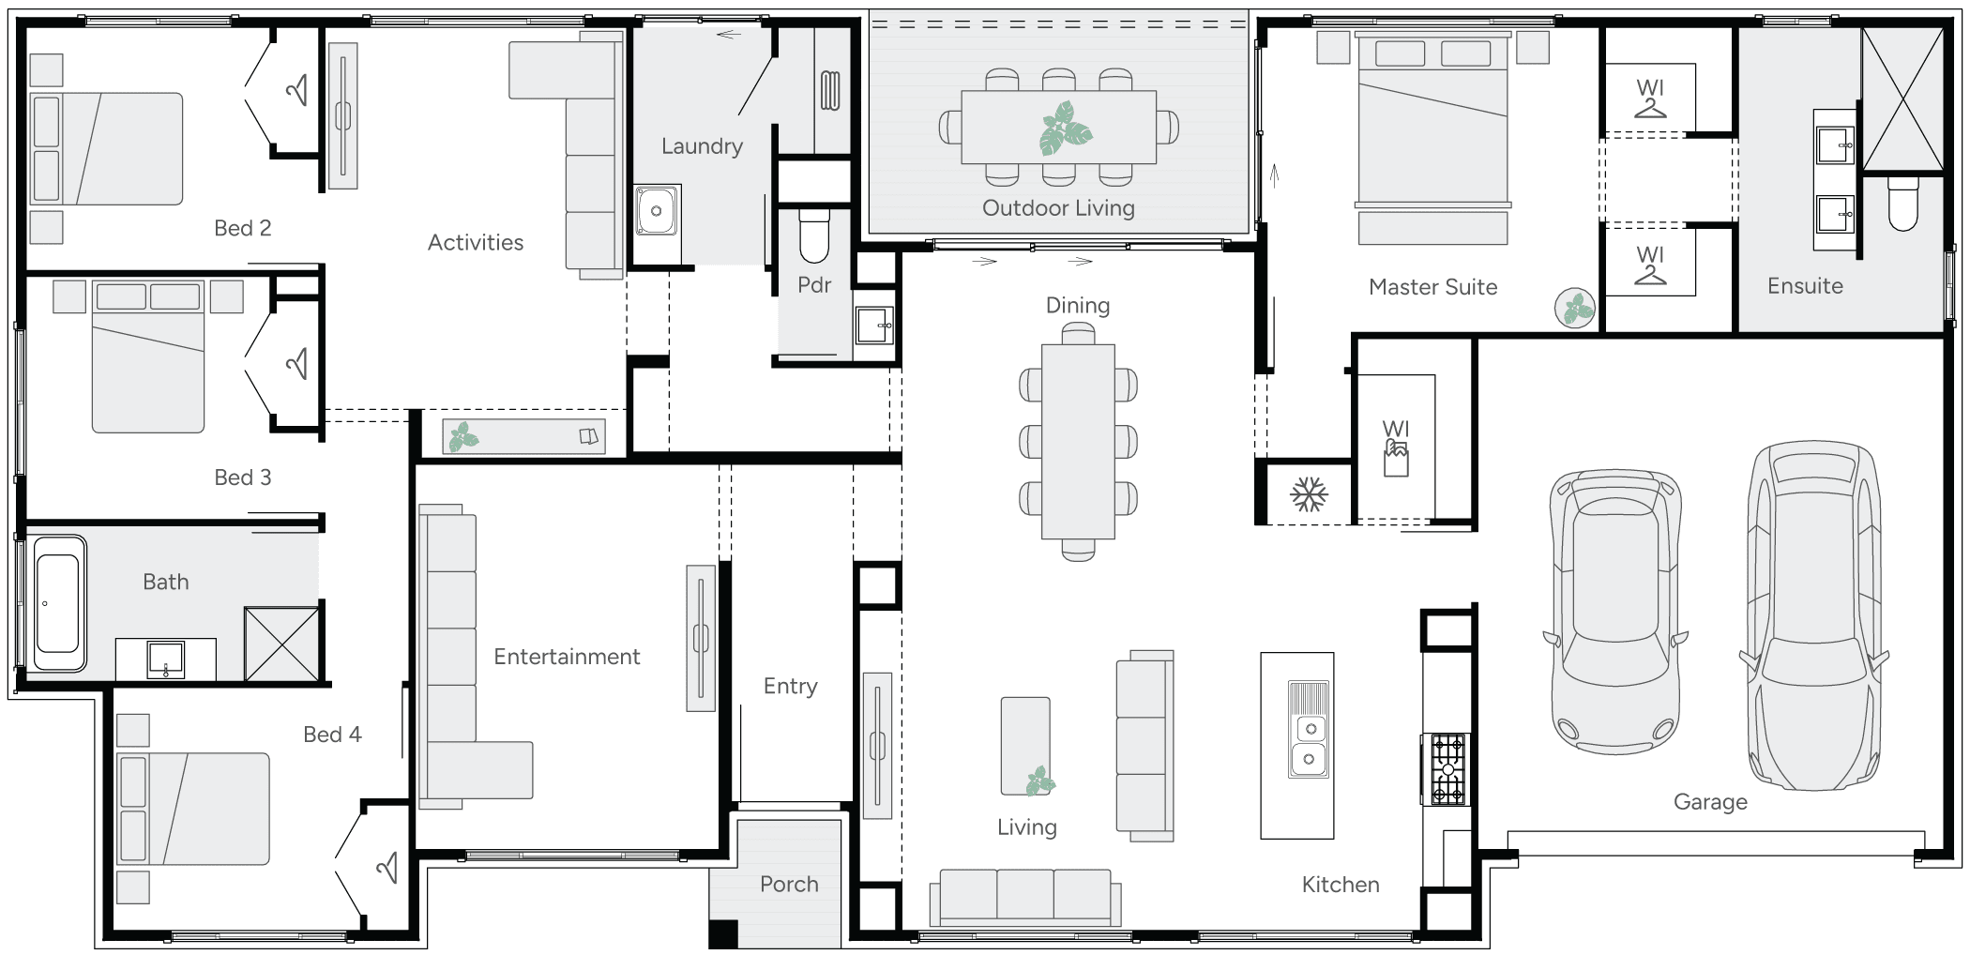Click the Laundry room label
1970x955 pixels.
(x=702, y=146)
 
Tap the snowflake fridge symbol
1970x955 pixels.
(x=1308, y=494)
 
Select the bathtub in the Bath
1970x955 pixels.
(x=57, y=603)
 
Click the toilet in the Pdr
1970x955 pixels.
(x=814, y=235)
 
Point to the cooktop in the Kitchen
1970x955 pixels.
(x=1446, y=769)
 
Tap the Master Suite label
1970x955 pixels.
(x=1432, y=287)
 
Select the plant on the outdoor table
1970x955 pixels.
(x=1066, y=129)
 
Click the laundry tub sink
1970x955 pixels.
(x=657, y=210)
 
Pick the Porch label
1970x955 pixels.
(x=789, y=884)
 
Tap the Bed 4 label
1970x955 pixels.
(x=332, y=735)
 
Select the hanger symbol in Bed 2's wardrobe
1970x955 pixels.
(x=297, y=90)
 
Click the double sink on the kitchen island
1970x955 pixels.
(x=1310, y=743)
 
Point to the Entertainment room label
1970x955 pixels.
(x=567, y=657)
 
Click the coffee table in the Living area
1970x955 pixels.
(x=1025, y=746)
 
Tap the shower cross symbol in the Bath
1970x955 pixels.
(x=281, y=644)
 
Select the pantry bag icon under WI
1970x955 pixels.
(x=1396, y=460)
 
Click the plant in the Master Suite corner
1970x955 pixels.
(x=1576, y=308)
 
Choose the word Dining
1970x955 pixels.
(x=1078, y=305)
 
